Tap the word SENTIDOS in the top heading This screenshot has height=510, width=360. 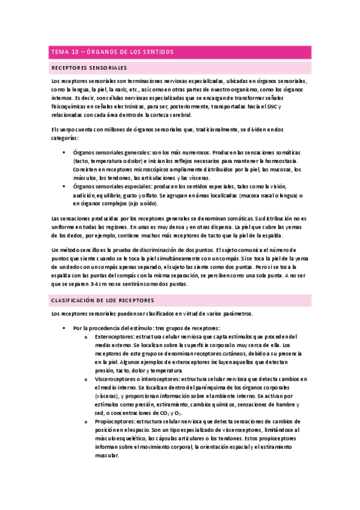[x=158, y=52]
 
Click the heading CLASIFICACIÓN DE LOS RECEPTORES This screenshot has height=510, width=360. [x=103, y=300]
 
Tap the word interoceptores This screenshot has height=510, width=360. [x=159, y=379]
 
